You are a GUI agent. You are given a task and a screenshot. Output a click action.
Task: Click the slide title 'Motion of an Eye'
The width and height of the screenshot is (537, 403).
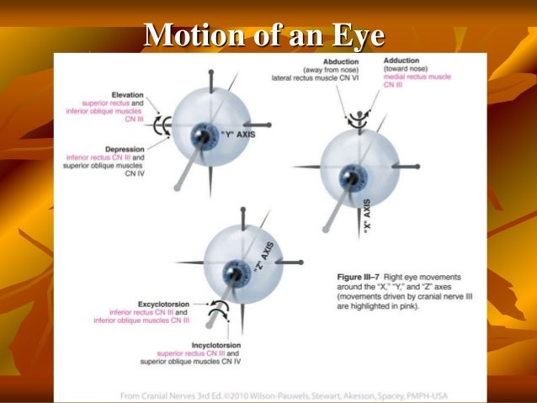pyautogui.click(x=264, y=35)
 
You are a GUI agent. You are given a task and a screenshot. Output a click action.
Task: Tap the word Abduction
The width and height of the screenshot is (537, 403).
pyautogui.click(x=330, y=61)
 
